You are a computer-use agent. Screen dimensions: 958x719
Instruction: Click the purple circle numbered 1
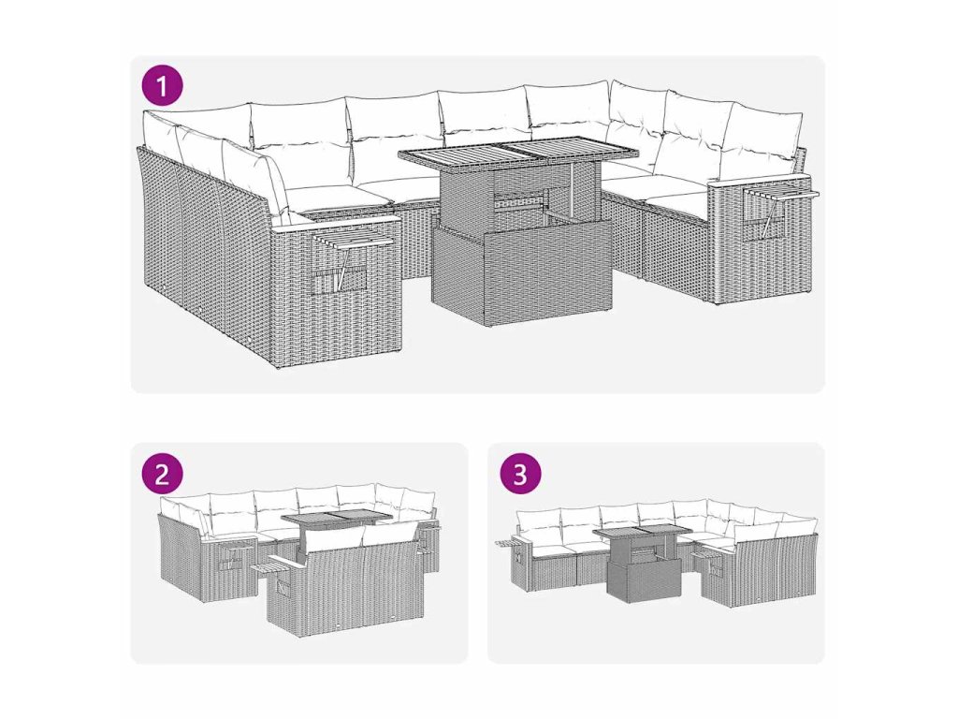[162, 86]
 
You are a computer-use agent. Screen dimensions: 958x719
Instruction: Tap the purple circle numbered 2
[162, 473]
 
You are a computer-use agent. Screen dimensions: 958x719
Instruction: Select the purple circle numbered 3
[520, 473]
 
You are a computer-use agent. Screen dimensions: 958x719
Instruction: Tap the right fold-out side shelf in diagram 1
[780, 185]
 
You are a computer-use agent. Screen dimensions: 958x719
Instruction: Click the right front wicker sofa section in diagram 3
[759, 566]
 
